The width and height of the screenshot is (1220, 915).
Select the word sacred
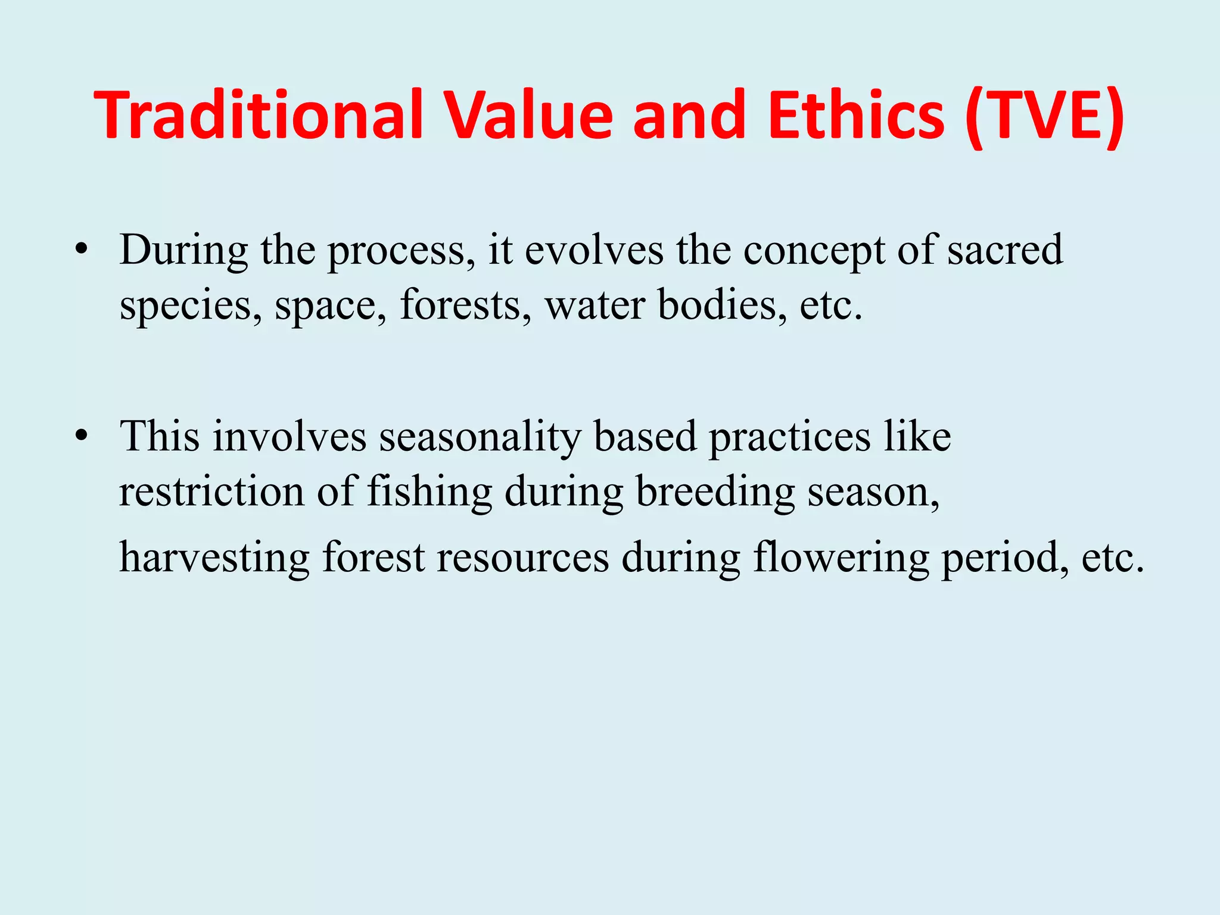click(1005, 250)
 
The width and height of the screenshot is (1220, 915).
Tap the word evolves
click(594, 250)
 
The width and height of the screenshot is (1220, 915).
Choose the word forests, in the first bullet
click(465, 305)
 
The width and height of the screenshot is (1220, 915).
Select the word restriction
click(212, 492)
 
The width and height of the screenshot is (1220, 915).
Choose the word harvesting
click(214, 559)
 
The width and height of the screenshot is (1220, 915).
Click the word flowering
click(841, 559)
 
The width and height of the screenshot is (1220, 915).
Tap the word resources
click(522, 559)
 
